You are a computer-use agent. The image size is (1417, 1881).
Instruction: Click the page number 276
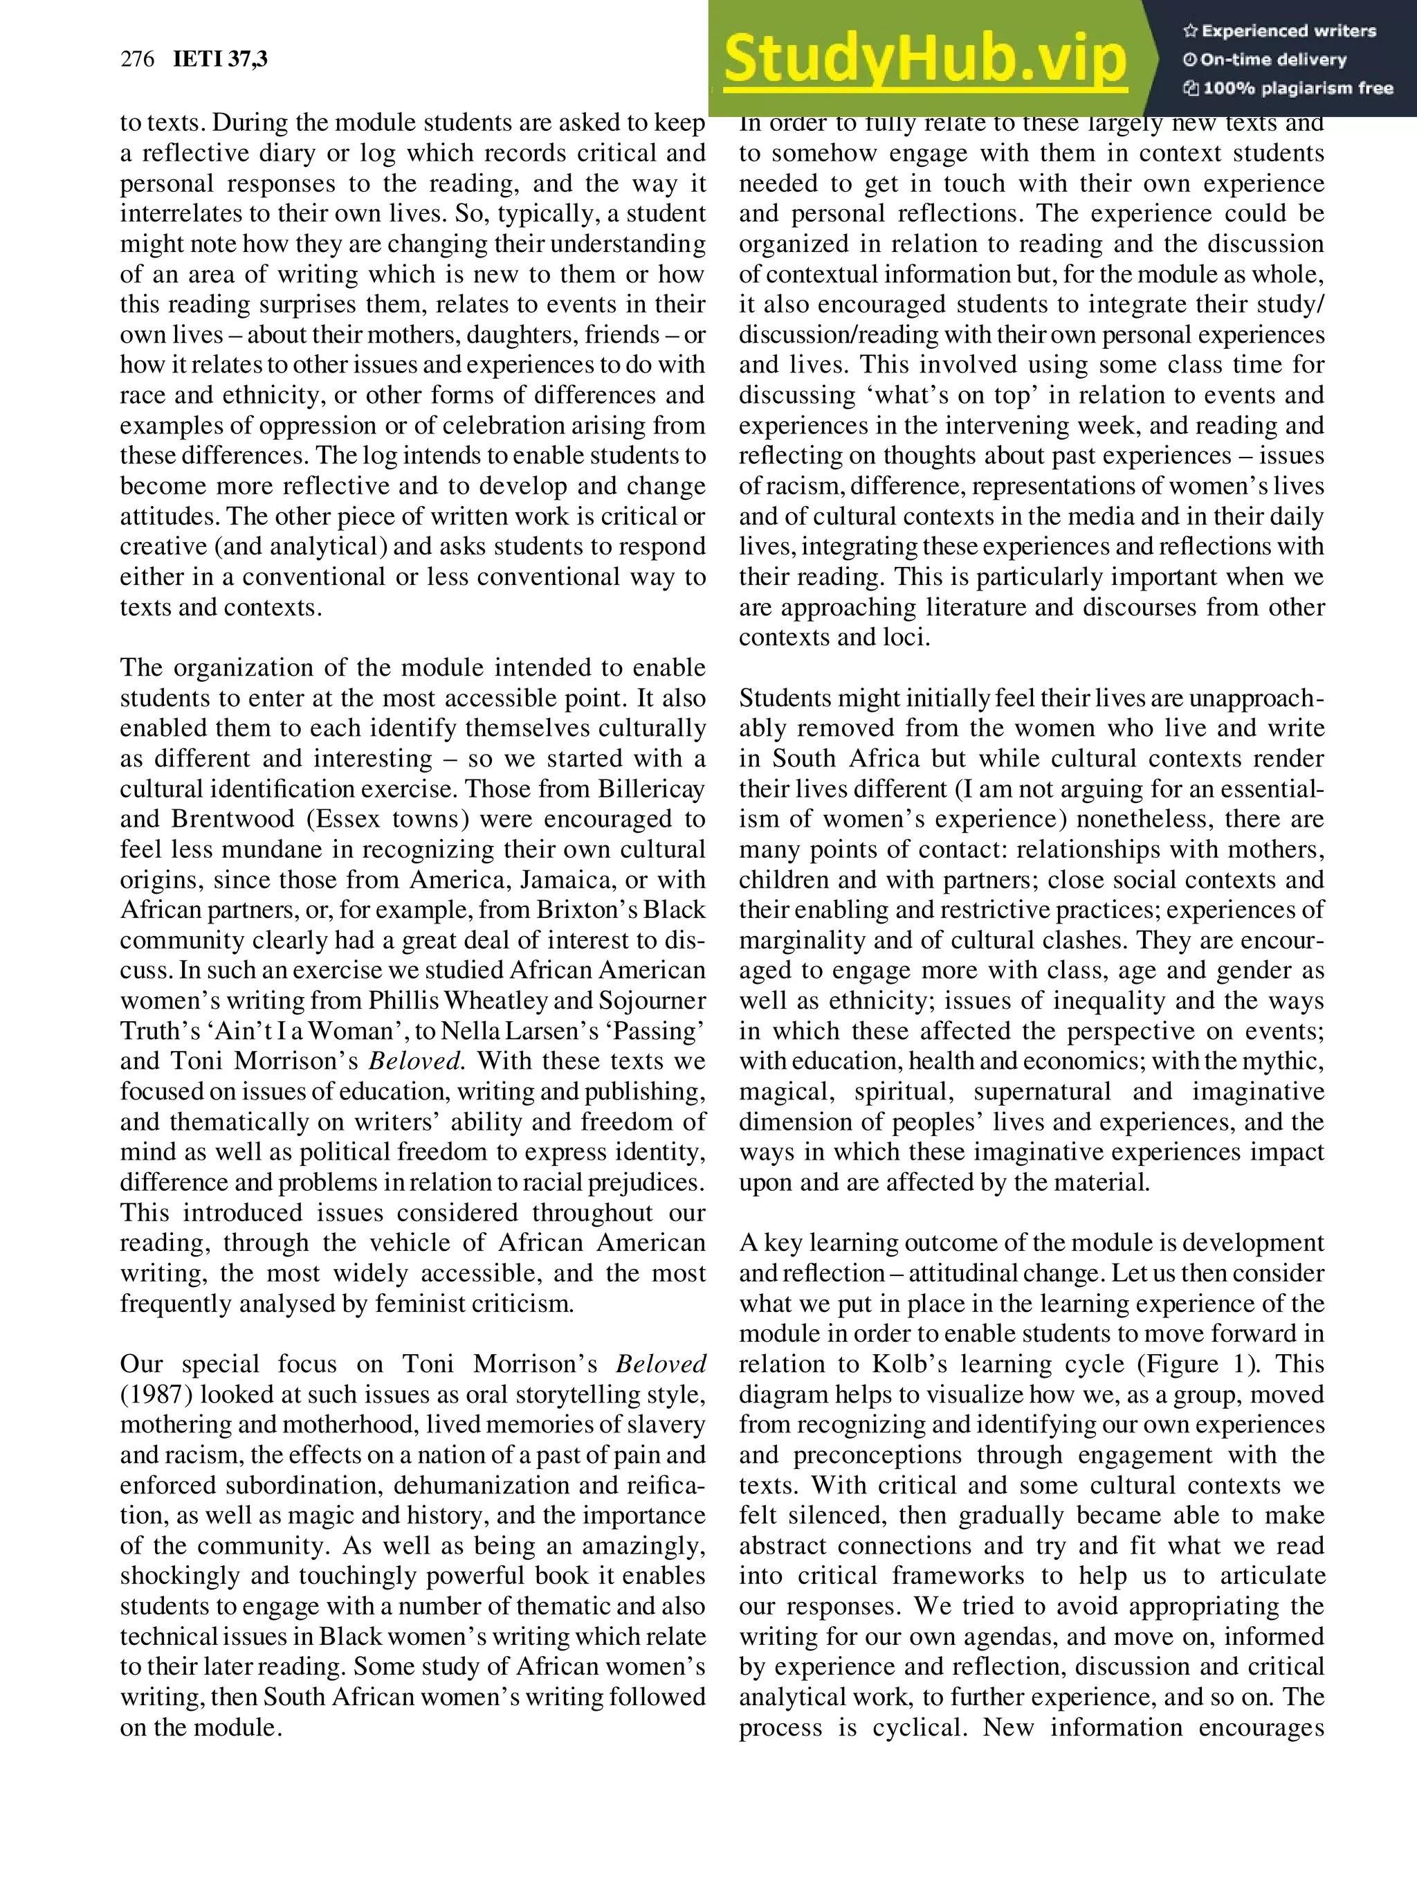137,59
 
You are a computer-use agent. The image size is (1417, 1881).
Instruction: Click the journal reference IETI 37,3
219,59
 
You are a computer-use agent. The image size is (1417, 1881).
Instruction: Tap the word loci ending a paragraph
908,637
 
